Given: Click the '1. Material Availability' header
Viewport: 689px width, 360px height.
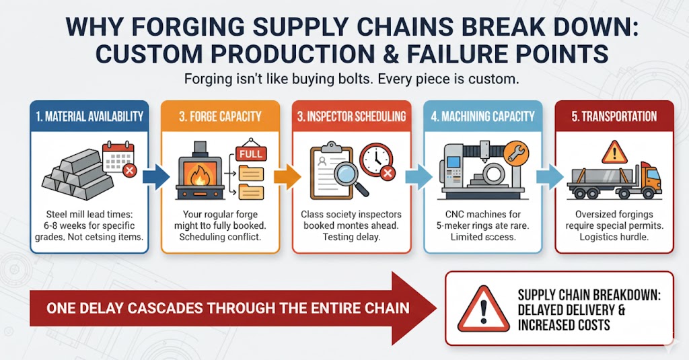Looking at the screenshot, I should pos(89,116).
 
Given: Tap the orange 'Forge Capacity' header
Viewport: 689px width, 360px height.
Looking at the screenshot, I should pos(221,116).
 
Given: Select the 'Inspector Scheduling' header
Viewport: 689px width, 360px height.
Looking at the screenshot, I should pos(352,116).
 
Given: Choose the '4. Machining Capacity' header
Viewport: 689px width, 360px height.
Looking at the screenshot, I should pos(483,116).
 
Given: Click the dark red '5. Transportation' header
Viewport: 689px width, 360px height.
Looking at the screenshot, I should pos(614,116).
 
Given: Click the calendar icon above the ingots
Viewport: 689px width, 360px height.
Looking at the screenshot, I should pos(118,156).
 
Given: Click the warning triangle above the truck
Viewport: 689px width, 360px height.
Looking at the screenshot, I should pos(614,153).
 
